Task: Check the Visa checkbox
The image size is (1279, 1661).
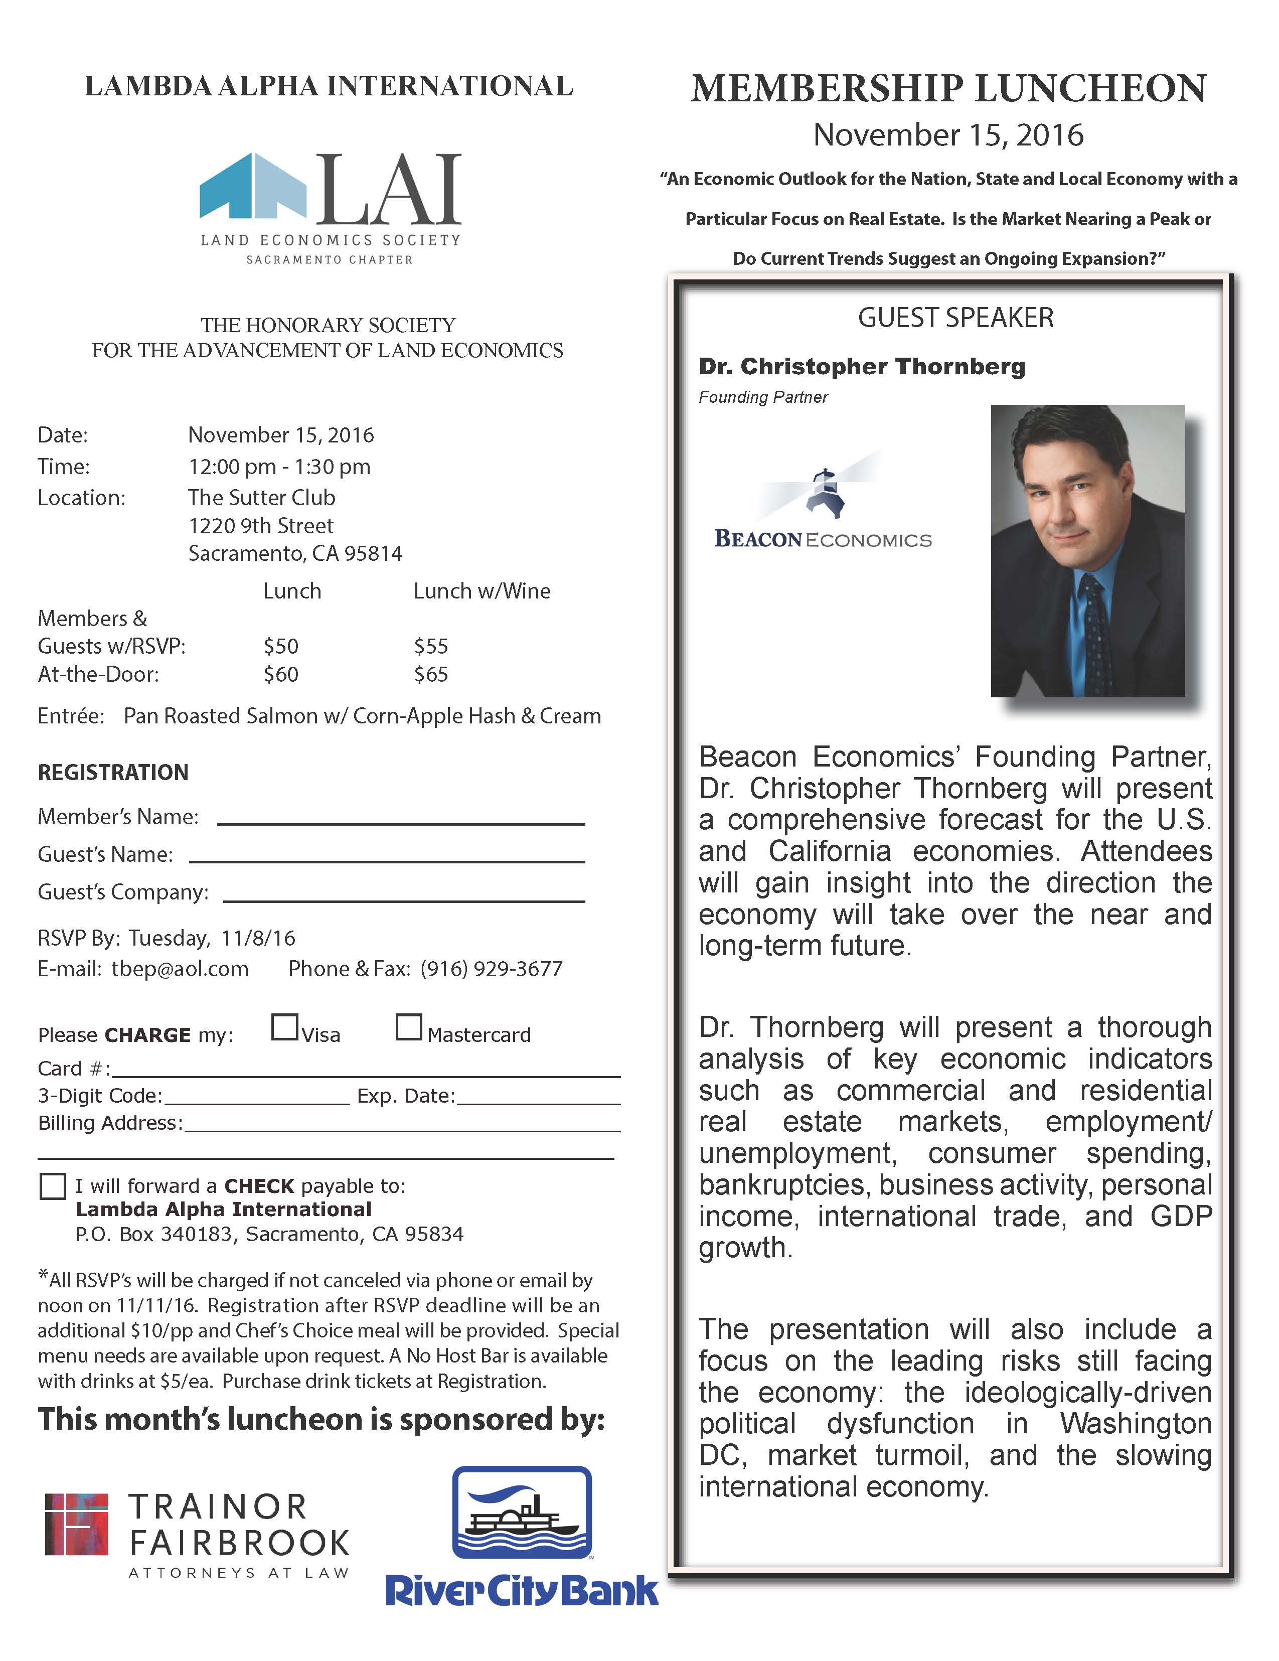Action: click(284, 1027)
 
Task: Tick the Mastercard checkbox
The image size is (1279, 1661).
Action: click(408, 1027)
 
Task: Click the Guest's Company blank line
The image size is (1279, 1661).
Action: click(404, 895)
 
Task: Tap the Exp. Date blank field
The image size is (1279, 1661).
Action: click(538, 1098)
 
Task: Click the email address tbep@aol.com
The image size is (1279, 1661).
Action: click(180, 969)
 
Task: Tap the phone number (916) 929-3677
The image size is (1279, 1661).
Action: click(491, 969)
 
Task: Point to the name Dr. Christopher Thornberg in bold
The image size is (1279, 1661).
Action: click(862, 367)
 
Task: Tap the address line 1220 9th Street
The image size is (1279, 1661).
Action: click(261, 526)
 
